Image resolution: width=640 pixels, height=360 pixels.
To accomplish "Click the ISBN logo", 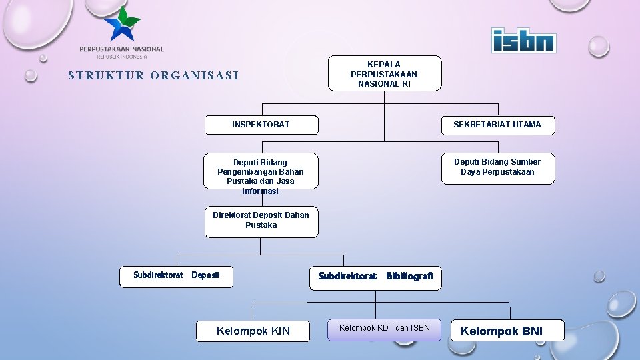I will point(523,41).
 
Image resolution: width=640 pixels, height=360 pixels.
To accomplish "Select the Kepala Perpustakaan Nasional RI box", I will point(384,73).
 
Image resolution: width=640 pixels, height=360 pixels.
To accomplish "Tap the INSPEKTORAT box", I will point(261,125).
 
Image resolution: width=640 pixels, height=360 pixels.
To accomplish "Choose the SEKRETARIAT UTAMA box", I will point(497,125).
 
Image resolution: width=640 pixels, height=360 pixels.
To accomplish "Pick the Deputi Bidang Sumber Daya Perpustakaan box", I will point(497,167).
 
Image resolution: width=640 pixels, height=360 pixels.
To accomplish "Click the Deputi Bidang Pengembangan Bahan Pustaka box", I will point(261,172).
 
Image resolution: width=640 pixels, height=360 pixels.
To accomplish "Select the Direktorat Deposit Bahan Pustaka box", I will point(261,221).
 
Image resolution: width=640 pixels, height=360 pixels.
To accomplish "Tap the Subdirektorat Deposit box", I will point(176,276).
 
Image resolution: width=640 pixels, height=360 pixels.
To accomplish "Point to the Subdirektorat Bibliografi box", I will point(375,276).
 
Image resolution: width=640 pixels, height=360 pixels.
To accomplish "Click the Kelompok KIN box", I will point(253,331).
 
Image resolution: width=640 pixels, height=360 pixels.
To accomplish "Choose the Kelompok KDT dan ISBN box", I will point(384,329).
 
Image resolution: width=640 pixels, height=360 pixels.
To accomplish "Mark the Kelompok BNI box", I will point(508,331).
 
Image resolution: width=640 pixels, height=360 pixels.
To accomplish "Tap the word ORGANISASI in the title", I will point(195,75).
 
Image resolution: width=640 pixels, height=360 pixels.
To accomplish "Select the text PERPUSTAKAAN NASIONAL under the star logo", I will point(121,49).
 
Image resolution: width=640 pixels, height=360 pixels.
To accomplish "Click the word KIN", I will point(278,331).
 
